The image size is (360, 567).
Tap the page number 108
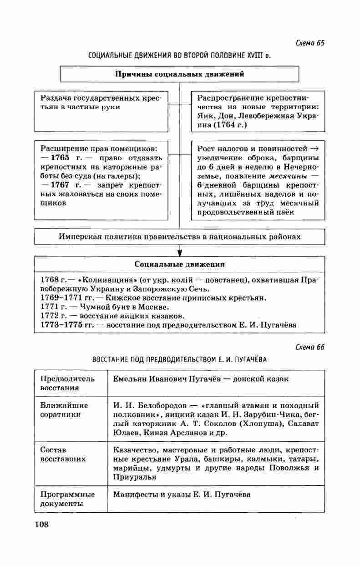pos(41,524)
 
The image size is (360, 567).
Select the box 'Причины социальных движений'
pos(180,74)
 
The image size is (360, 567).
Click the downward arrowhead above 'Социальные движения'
pos(180,252)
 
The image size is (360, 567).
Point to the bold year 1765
pos(60,158)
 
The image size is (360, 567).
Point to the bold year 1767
pos(60,185)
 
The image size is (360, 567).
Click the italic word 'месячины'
pos(286,176)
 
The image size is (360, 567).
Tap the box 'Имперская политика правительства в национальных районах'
pos(180,237)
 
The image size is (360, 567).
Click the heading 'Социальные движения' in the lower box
pos(180,264)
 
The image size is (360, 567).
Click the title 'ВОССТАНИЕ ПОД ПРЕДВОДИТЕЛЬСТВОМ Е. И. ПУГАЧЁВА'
pos(180,359)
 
